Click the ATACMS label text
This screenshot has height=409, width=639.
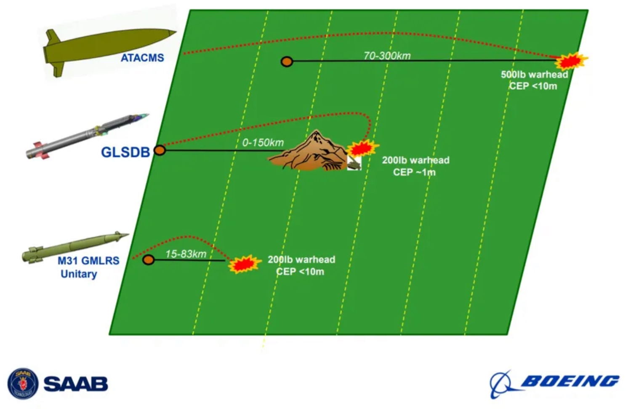pyautogui.click(x=142, y=58)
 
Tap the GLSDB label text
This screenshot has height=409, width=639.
pyautogui.click(x=125, y=152)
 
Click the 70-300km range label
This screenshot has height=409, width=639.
pyautogui.click(x=387, y=56)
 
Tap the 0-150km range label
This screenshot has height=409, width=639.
pyautogui.click(x=263, y=143)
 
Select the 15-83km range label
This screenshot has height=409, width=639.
pyautogui.click(x=186, y=254)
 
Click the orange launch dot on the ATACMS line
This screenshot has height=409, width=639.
pyautogui.click(x=287, y=61)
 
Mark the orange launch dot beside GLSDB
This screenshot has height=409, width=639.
pyautogui.click(x=160, y=150)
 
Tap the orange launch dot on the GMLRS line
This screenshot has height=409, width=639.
pyautogui.click(x=148, y=259)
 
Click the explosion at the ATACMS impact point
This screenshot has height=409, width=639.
pyautogui.click(x=570, y=61)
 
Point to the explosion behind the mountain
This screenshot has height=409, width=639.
pyautogui.click(x=361, y=149)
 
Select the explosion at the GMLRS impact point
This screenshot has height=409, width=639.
pyautogui.click(x=243, y=264)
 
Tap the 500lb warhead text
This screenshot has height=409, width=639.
pyautogui.click(x=534, y=75)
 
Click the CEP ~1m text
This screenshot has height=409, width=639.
pyautogui.click(x=414, y=172)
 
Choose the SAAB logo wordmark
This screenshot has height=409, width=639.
pyautogui.click(x=76, y=384)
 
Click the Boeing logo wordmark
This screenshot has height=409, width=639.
pyautogui.click(x=570, y=381)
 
